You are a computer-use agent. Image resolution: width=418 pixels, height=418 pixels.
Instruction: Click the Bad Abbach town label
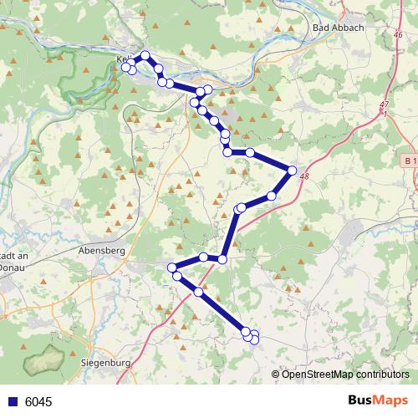pyautogui.click(x=337, y=28)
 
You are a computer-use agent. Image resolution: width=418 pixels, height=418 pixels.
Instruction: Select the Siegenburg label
pyautogui.click(x=108, y=364)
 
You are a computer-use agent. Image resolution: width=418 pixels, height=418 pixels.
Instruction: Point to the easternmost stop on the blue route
pyautogui.click(x=292, y=171)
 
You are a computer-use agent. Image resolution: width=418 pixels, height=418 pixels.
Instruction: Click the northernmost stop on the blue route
pyautogui.click(x=145, y=56)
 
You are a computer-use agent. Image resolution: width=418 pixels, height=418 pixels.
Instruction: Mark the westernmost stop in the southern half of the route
pyautogui.click(x=172, y=268)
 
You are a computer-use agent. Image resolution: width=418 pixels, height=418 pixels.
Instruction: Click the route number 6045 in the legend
pyautogui.click(x=38, y=402)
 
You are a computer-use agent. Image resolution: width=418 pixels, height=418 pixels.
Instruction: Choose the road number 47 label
pyautogui.click(x=384, y=104)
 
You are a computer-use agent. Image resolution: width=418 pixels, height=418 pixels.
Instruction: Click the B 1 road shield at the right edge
pyautogui.click(x=408, y=161)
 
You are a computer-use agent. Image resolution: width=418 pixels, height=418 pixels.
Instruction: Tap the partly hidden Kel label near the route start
pyautogui.click(x=125, y=59)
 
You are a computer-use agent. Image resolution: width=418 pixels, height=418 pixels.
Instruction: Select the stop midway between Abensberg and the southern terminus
pyautogui.click(x=198, y=292)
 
